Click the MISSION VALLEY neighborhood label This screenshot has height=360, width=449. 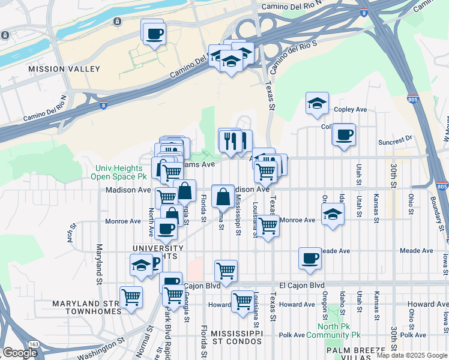(x=64, y=69)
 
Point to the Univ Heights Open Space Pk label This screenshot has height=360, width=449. (x=118, y=173)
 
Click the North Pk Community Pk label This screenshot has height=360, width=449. (x=339, y=331)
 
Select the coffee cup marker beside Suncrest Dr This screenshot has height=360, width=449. (x=344, y=135)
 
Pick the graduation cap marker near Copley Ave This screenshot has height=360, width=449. (x=316, y=103)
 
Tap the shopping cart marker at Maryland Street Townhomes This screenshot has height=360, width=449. (x=130, y=296)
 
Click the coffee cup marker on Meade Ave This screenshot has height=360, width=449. (x=310, y=258)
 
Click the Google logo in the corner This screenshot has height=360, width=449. (x=20, y=353)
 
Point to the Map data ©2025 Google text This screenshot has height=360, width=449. (x=412, y=355)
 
